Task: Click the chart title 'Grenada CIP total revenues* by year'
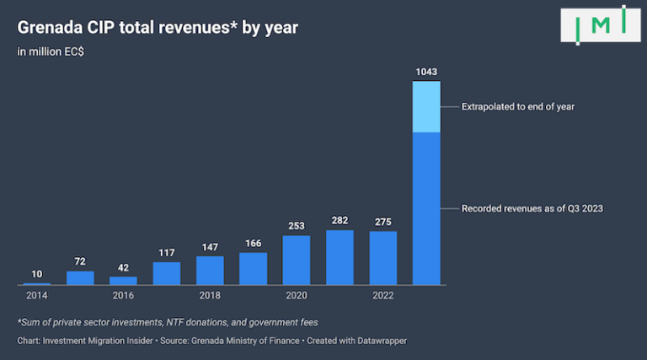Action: pos(158,28)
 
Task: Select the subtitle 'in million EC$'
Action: pos(51,52)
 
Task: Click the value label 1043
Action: pos(426,71)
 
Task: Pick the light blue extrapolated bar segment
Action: pos(426,107)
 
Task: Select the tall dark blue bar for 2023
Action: pos(426,208)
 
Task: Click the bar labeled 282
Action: pos(340,257)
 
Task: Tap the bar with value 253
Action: pos(297,260)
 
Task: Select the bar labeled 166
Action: pos(253,268)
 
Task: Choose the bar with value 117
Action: pos(167,273)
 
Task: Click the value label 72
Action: pos(80,261)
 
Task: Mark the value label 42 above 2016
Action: pos(123,266)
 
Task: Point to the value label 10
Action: pos(37,273)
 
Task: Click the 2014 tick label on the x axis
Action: pos(37,296)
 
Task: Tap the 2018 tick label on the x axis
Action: pos(210,296)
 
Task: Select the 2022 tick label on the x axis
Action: pos(382,296)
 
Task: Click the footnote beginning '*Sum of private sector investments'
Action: pos(167,324)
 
